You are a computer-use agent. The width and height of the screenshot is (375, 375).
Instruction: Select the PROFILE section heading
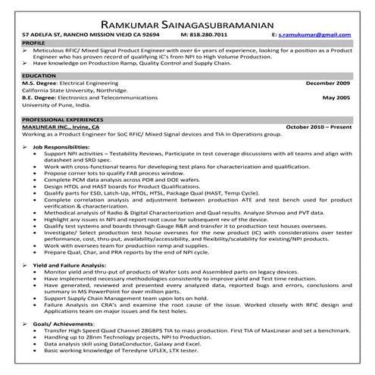35,43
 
